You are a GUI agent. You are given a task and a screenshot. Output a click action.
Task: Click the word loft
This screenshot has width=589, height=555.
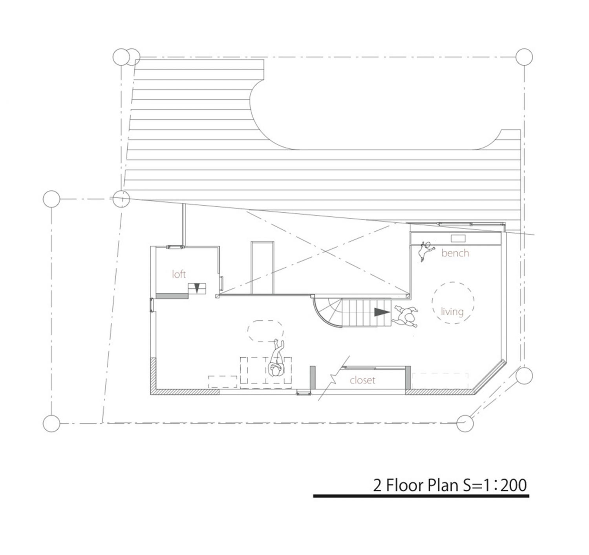point(179,274)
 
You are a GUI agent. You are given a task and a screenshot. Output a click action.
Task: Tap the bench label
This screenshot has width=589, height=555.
point(455,253)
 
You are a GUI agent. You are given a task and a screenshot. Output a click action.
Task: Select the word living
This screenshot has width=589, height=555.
point(452,312)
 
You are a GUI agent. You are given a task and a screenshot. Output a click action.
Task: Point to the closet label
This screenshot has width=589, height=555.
point(362,380)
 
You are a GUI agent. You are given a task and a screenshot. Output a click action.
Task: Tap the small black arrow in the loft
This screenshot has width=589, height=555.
point(197,287)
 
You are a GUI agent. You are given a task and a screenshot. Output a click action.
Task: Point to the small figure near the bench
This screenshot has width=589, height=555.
point(425,251)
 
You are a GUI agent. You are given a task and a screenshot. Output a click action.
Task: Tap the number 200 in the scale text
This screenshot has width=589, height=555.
point(513,486)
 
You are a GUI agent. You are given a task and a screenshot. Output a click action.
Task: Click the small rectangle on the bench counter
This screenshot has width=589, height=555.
point(458,238)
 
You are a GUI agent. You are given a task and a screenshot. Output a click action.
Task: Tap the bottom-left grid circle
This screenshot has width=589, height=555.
point(51,424)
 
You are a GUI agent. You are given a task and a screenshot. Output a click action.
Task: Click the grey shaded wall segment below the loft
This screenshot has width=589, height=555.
point(172,296)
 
